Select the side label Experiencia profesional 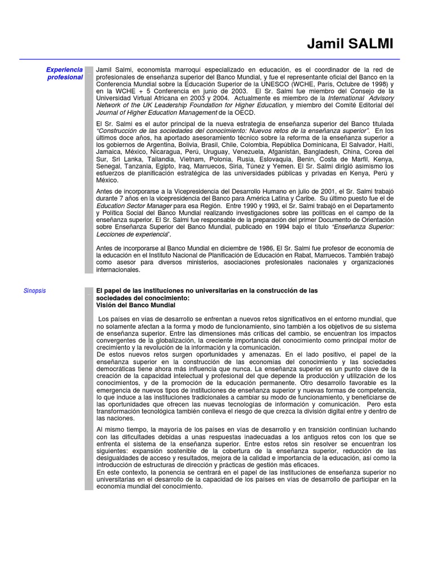(65, 73)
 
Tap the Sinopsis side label (34, 291)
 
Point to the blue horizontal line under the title (209, 59)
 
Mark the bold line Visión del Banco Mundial (136, 305)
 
